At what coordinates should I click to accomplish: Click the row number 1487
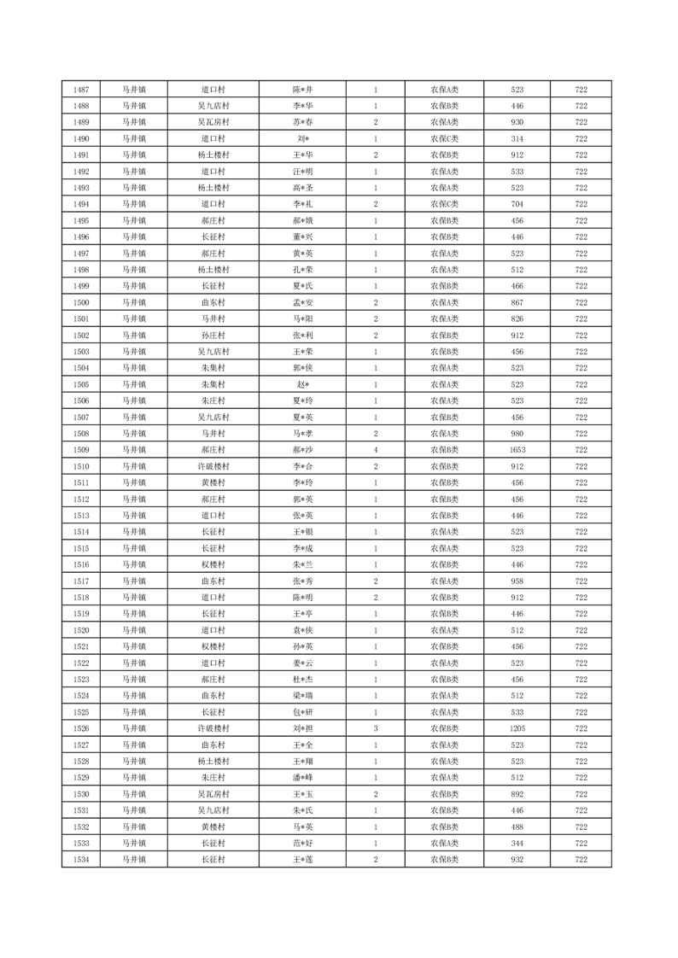(81, 90)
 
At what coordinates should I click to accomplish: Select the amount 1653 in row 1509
(517, 450)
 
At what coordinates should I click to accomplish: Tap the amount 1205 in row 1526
(517, 728)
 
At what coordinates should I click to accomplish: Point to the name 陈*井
(302, 90)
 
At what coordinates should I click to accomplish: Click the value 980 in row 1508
(517, 434)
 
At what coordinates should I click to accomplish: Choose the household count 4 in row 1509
(376, 450)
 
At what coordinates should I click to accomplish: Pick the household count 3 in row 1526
(376, 728)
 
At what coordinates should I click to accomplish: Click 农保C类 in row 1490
(444, 138)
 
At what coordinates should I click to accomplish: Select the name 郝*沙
(302, 450)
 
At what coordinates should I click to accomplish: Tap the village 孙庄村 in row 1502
(213, 336)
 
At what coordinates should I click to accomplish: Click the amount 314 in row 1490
(517, 138)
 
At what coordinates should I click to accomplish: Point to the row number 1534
(81, 859)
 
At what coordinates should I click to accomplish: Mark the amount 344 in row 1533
(517, 843)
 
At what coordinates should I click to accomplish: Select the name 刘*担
(302, 728)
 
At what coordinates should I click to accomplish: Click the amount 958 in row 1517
(517, 581)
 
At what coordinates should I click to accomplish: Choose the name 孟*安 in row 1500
(302, 302)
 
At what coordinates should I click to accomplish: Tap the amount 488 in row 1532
(517, 827)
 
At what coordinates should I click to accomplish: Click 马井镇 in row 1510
(133, 466)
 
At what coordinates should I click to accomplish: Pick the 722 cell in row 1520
(581, 630)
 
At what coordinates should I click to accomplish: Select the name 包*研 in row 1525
(302, 712)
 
